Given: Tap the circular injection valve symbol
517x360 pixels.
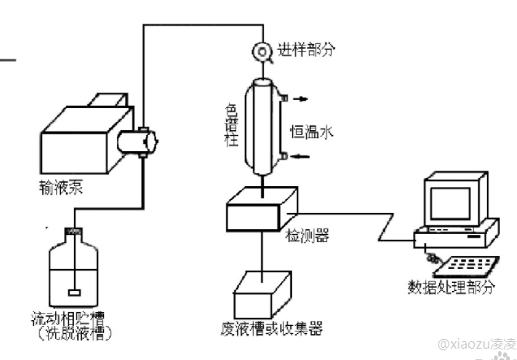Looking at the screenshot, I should coord(263,50).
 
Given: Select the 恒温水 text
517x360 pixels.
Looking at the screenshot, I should coord(309,129).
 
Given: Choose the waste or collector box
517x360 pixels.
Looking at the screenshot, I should coord(263,291).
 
